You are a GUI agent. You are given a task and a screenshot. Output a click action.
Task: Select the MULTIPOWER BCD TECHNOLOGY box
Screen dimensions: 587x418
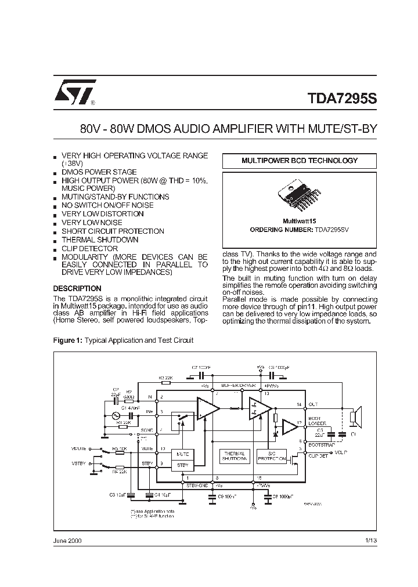point(300,161)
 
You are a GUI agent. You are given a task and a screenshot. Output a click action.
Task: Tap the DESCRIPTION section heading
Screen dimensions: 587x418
point(77,288)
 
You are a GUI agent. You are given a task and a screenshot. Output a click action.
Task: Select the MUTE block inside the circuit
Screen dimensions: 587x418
point(182,454)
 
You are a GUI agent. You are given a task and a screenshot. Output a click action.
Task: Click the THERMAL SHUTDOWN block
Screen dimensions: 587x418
point(235,456)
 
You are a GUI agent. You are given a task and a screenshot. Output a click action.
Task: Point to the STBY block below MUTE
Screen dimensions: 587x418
point(182,465)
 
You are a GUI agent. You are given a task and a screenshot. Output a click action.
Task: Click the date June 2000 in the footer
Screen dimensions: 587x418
point(67,540)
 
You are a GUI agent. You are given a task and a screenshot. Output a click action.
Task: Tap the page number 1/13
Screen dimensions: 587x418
point(371,540)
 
